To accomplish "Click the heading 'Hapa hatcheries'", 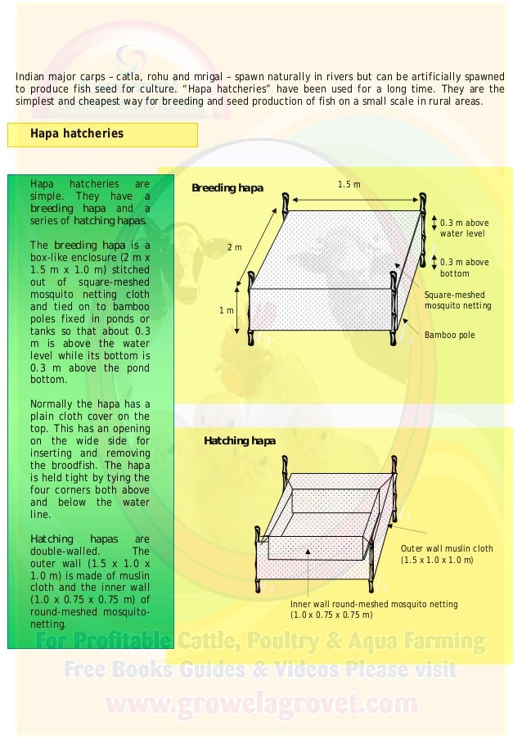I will [x=77, y=133].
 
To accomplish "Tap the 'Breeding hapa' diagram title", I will [x=227, y=188].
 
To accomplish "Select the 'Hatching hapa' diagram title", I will [x=240, y=441].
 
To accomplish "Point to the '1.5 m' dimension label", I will [x=349, y=185].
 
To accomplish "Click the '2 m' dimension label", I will [x=235, y=246].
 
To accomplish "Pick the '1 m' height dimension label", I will [x=227, y=311].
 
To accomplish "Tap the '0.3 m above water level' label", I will [x=464, y=228].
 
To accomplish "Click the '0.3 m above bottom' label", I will [x=464, y=268].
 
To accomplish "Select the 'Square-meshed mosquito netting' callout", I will [x=457, y=300].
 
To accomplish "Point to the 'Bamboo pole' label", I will [x=449, y=336].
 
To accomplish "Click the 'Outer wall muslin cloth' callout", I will [x=447, y=548].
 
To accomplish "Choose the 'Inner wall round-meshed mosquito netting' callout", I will [x=374, y=604].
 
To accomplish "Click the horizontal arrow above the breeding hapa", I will [x=353, y=199].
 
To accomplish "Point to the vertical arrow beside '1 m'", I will [x=238, y=310].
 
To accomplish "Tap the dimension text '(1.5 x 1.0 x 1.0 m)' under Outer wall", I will [x=437, y=561].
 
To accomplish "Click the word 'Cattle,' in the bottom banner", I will [x=217, y=641].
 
